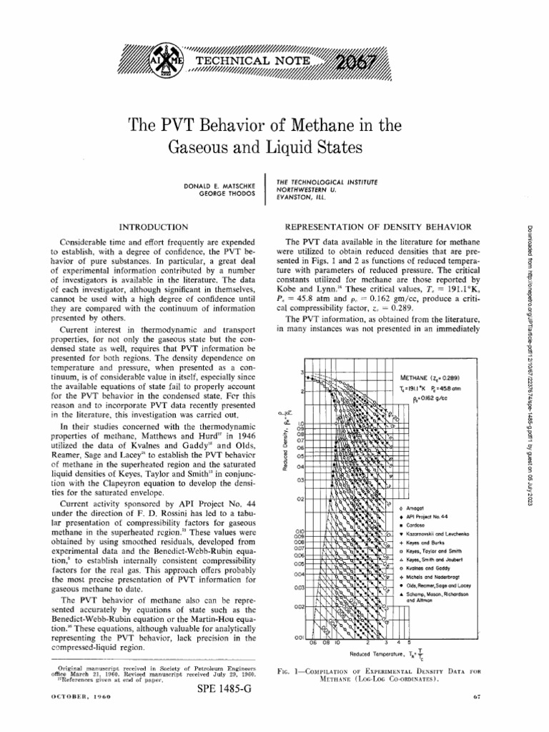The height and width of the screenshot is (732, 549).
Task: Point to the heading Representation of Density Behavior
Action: tap(378, 226)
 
